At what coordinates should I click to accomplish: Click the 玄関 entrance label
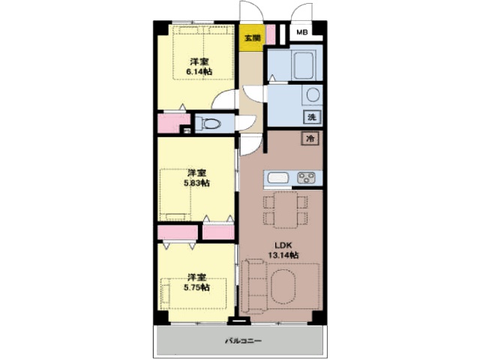click(x=252, y=38)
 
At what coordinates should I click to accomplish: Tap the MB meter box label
click(x=301, y=31)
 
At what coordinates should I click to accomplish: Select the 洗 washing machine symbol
click(x=312, y=117)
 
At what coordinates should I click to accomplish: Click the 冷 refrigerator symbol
click(x=310, y=138)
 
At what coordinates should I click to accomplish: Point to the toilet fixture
click(x=208, y=124)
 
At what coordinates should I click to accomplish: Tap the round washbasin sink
click(x=313, y=95)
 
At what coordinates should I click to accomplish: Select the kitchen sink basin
click(x=278, y=178)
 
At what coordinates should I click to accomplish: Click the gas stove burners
click(x=306, y=178)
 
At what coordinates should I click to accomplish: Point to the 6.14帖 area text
click(x=199, y=72)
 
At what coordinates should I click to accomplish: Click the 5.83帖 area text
click(x=196, y=183)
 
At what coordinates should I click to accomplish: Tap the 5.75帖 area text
click(x=196, y=287)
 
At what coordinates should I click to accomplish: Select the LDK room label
click(x=283, y=245)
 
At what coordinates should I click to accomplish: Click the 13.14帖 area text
click(x=283, y=255)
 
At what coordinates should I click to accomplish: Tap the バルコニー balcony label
click(x=244, y=340)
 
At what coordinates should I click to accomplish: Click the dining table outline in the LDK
click(x=286, y=210)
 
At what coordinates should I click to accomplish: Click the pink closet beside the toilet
click(x=172, y=123)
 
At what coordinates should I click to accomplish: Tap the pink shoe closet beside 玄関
click(x=271, y=34)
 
